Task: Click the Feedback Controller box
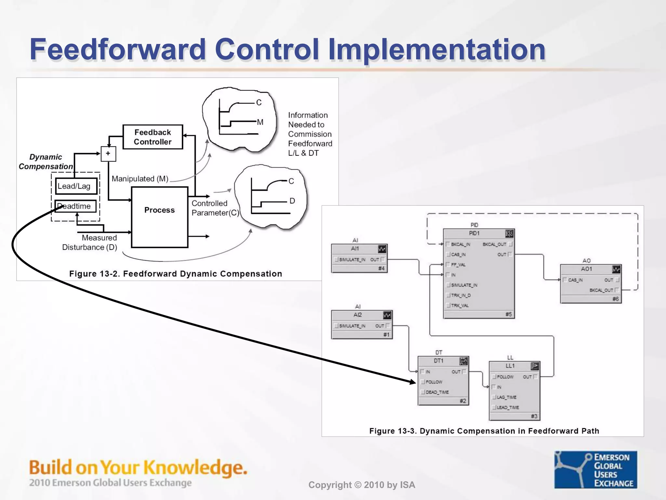coord(153,137)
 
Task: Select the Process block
coord(159,210)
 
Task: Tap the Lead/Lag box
coord(76,186)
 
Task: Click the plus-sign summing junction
coord(108,154)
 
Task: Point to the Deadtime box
coord(75,206)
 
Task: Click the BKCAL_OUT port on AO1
coord(601,290)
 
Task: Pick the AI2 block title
coord(357,315)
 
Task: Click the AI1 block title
coord(355,249)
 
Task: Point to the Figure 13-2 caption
coord(176,274)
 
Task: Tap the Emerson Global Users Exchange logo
coord(595,470)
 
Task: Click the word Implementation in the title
coord(436,49)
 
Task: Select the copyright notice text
coord(362,485)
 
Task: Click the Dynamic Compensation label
coord(46,162)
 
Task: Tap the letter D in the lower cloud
coord(292,201)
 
